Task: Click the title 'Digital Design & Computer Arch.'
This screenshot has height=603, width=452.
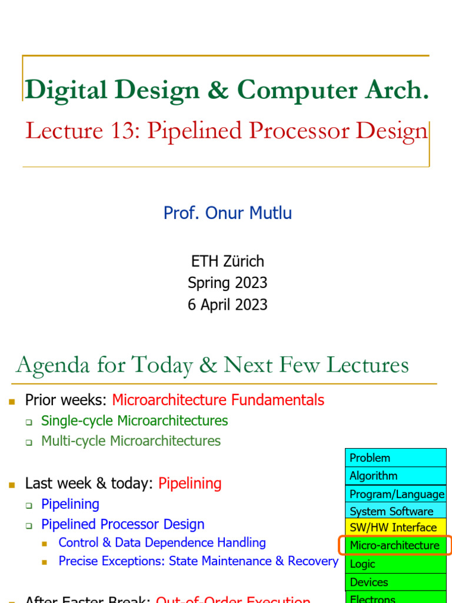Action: [x=227, y=90]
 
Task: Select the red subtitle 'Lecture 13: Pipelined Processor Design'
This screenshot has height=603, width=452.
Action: [x=227, y=131]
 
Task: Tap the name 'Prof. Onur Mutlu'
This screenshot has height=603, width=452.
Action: [x=227, y=213]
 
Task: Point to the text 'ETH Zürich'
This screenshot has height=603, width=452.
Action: [x=227, y=261]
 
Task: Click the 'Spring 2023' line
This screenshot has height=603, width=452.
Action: [x=227, y=283]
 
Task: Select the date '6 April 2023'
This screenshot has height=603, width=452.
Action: [x=227, y=304]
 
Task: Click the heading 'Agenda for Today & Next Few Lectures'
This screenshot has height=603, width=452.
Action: [x=212, y=365]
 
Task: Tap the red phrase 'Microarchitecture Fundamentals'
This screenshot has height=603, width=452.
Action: [x=218, y=400]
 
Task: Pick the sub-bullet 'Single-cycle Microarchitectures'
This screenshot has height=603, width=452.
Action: [x=134, y=420]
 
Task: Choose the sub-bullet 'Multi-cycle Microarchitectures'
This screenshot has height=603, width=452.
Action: [x=131, y=440]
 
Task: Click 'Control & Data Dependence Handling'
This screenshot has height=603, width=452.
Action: [x=162, y=542]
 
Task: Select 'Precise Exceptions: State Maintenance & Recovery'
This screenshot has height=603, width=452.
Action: [x=198, y=561]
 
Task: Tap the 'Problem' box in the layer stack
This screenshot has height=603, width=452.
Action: [x=395, y=458]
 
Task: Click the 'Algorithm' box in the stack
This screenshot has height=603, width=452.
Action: [x=395, y=476]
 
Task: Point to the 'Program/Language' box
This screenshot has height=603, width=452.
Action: [x=395, y=494]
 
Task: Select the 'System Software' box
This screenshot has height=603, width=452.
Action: [x=395, y=511]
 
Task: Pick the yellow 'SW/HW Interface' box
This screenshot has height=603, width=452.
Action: [x=395, y=528]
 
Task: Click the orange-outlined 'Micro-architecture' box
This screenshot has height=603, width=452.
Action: [x=395, y=545]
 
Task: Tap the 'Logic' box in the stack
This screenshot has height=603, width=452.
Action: [x=395, y=564]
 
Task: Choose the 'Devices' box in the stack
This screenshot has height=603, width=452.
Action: [x=395, y=582]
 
